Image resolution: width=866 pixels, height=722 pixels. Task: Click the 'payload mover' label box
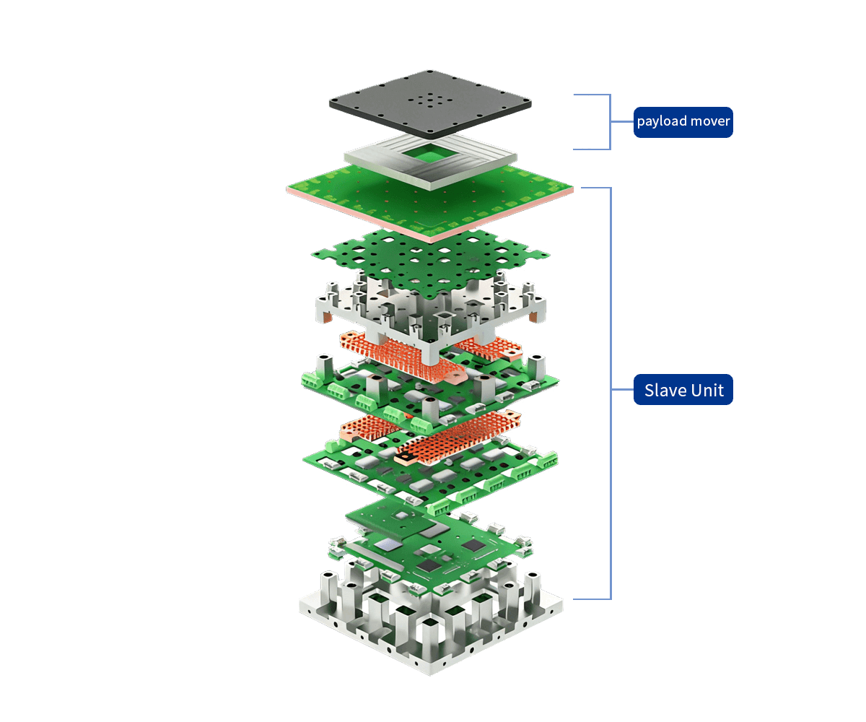point(683,122)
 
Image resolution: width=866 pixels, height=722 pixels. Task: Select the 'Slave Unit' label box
point(683,390)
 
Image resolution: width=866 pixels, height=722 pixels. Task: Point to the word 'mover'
point(710,122)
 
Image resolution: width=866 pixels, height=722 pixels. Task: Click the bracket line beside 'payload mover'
point(611,122)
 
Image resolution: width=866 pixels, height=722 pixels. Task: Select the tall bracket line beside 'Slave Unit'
point(611,390)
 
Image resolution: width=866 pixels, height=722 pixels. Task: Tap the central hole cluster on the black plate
point(430,101)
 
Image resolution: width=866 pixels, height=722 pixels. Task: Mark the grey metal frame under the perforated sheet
point(339,307)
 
